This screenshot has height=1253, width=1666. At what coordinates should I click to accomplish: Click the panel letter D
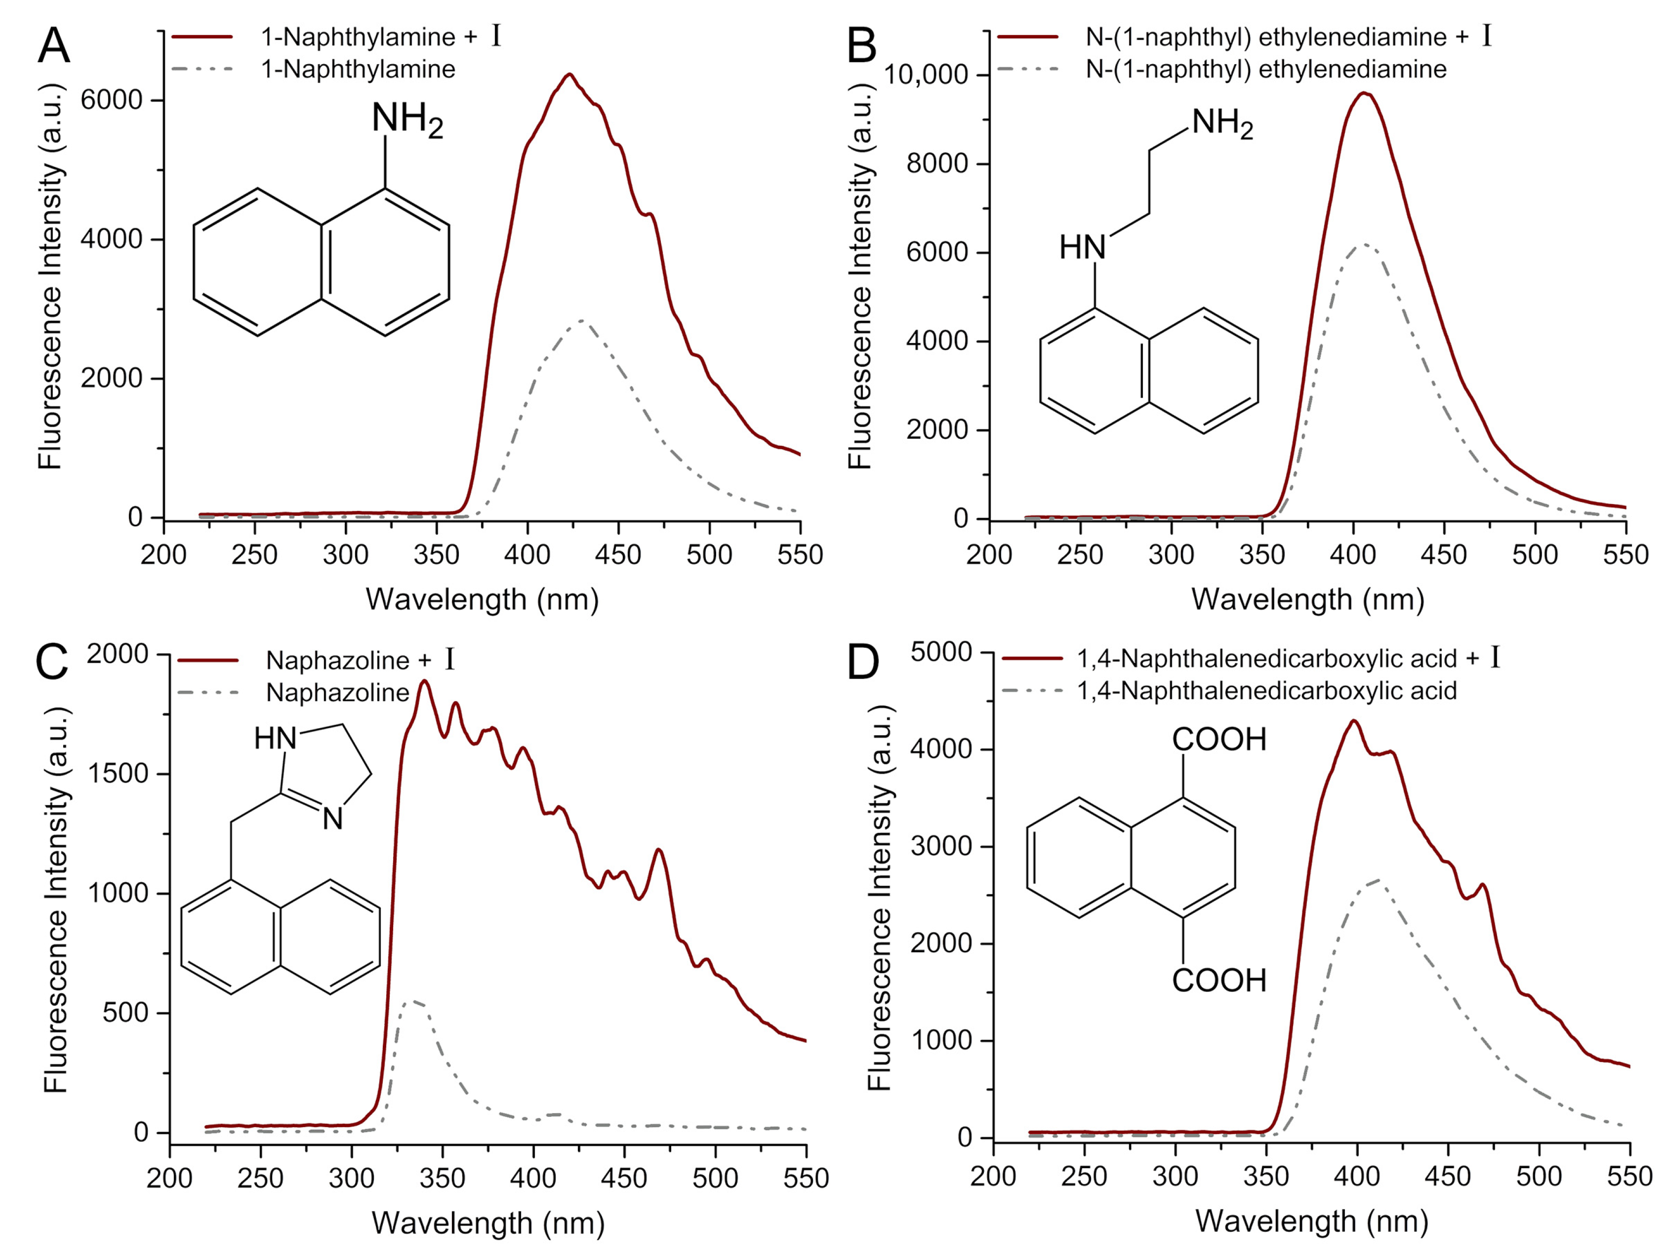click(862, 663)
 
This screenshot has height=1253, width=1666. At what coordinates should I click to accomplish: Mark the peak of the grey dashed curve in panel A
click(582, 321)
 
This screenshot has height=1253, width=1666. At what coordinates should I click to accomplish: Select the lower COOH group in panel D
click(1219, 980)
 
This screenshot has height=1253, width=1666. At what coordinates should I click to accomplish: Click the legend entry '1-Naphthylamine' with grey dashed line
click(358, 69)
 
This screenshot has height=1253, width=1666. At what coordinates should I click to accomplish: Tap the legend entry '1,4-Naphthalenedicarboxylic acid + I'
click(1288, 659)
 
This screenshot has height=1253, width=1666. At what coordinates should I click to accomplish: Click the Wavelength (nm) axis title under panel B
click(1307, 599)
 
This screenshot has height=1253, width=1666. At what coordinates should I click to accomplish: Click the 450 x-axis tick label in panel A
click(617, 555)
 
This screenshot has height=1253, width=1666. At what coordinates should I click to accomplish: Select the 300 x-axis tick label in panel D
click(1175, 1175)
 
